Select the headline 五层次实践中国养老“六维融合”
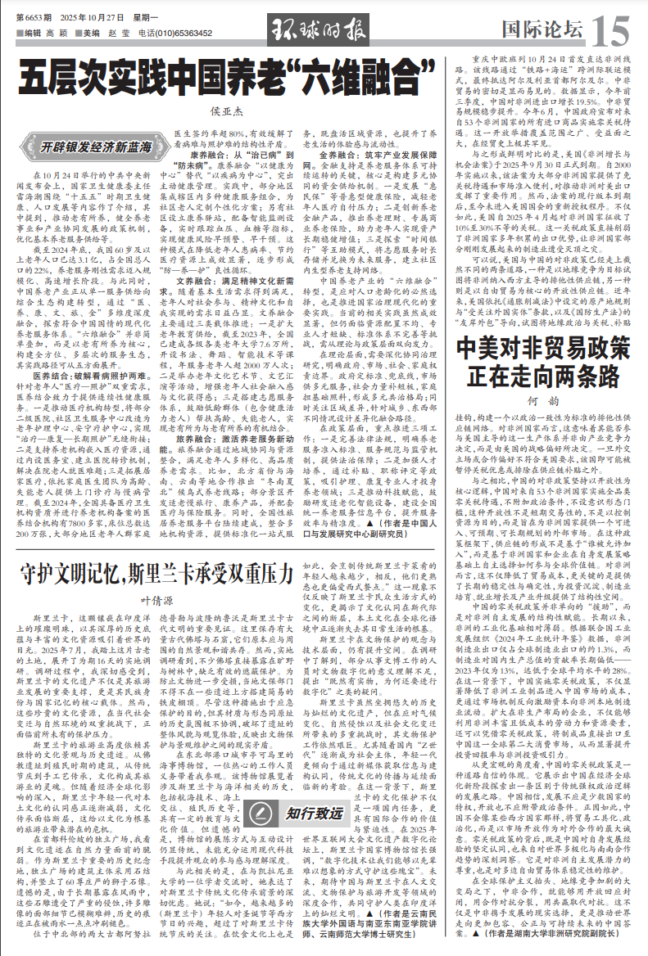point(225,79)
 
